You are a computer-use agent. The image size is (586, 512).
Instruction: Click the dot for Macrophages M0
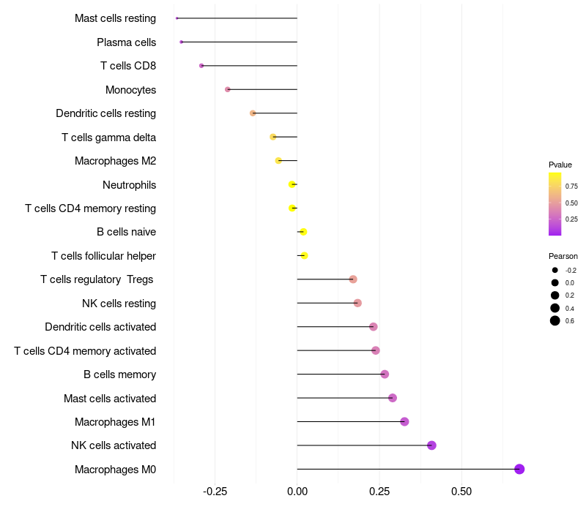519,469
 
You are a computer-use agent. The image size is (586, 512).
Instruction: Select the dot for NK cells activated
431,445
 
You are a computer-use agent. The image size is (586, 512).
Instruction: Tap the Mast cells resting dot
177,18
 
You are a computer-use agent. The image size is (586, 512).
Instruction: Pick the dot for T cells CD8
201,66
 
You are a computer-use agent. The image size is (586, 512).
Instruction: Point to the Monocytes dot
228,89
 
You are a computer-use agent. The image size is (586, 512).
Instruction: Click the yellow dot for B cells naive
303,232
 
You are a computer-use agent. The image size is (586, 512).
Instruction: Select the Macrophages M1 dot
404,421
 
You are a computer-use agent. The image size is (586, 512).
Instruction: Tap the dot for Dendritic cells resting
253,113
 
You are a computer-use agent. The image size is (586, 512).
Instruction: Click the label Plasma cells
126,42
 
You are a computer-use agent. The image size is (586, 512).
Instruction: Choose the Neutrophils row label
129,184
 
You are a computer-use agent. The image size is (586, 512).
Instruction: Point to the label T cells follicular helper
103,256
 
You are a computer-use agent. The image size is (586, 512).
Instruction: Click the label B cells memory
119,374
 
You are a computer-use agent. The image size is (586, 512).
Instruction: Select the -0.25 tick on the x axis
215,491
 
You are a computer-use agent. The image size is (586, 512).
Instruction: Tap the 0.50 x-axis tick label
461,491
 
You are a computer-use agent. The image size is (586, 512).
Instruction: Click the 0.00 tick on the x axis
297,491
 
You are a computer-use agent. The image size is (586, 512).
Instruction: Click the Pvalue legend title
560,165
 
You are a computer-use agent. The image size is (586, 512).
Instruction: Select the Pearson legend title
563,256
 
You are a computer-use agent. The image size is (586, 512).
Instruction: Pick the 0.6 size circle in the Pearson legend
555,320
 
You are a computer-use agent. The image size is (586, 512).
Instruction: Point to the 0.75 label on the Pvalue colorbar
571,187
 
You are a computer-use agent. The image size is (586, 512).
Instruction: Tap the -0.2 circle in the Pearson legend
555,270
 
